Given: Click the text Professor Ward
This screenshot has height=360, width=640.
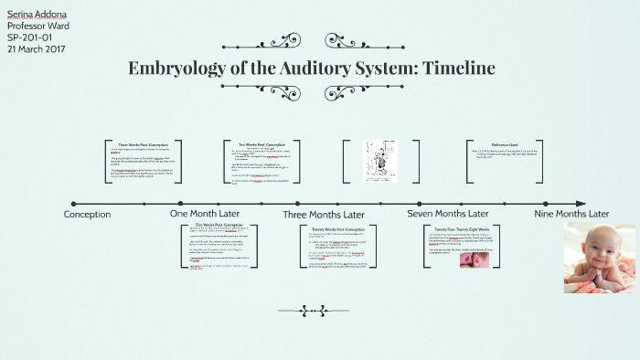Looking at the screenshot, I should [x=37, y=26].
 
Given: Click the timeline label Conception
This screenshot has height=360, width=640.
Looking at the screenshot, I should [x=87, y=214].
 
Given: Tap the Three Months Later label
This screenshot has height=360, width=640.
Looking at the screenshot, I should [x=325, y=214].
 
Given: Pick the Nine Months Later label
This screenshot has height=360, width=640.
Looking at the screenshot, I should [x=571, y=214].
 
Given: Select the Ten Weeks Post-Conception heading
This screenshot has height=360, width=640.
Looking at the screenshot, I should [x=266, y=144].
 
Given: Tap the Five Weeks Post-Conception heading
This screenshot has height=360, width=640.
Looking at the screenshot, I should [x=219, y=224].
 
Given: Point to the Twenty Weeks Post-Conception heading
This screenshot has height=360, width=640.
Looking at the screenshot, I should [x=339, y=228].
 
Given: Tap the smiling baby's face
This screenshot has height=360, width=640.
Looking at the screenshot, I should [x=594, y=248].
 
